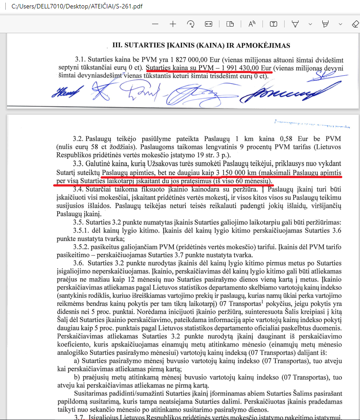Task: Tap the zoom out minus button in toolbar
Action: (155, 23)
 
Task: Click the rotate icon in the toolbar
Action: (191, 23)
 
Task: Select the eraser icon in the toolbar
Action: (355, 23)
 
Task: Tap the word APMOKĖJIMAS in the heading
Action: (265, 45)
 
